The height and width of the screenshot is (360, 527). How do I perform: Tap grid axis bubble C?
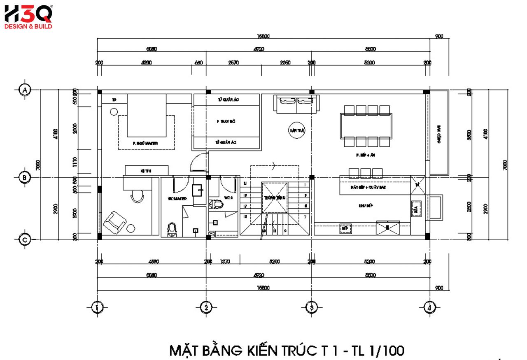point(25,239)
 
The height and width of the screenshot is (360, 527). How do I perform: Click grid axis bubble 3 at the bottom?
point(312,307)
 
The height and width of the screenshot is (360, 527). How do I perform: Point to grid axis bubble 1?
point(97,307)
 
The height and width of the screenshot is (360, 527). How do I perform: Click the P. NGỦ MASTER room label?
point(146,144)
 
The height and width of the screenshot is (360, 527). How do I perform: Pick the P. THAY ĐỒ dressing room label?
point(226,122)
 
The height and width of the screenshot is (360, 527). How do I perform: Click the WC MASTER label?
point(177,199)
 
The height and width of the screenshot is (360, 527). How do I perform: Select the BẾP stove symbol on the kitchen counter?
point(345,228)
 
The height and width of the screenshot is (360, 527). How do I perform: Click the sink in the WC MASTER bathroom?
point(198,190)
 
